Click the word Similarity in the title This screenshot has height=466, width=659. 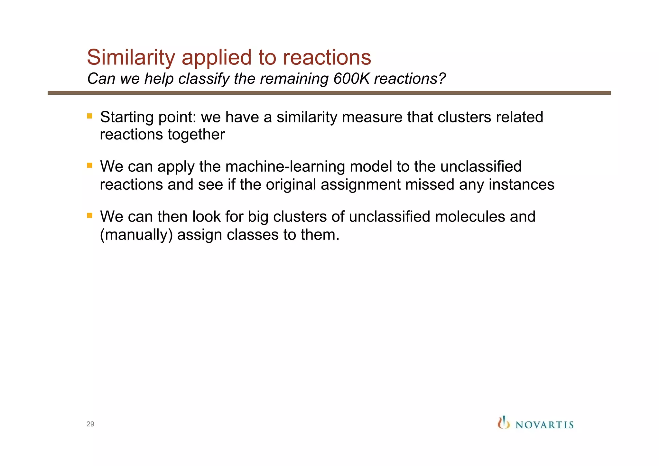click(131, 57)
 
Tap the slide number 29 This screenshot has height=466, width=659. click(90, 424)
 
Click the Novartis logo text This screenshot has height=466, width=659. click(544, 425)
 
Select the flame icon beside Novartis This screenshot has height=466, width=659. click(504, 423)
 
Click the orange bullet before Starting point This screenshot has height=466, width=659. click(90, 116)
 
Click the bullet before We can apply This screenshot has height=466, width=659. click(90, 166)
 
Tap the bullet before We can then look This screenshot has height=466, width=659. click(90, 215)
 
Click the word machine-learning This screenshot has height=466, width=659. click(285, 167)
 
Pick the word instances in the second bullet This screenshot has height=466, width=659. click(521, 185)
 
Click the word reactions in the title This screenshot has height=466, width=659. click(327, 57)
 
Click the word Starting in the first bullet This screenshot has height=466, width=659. click(127, 117)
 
